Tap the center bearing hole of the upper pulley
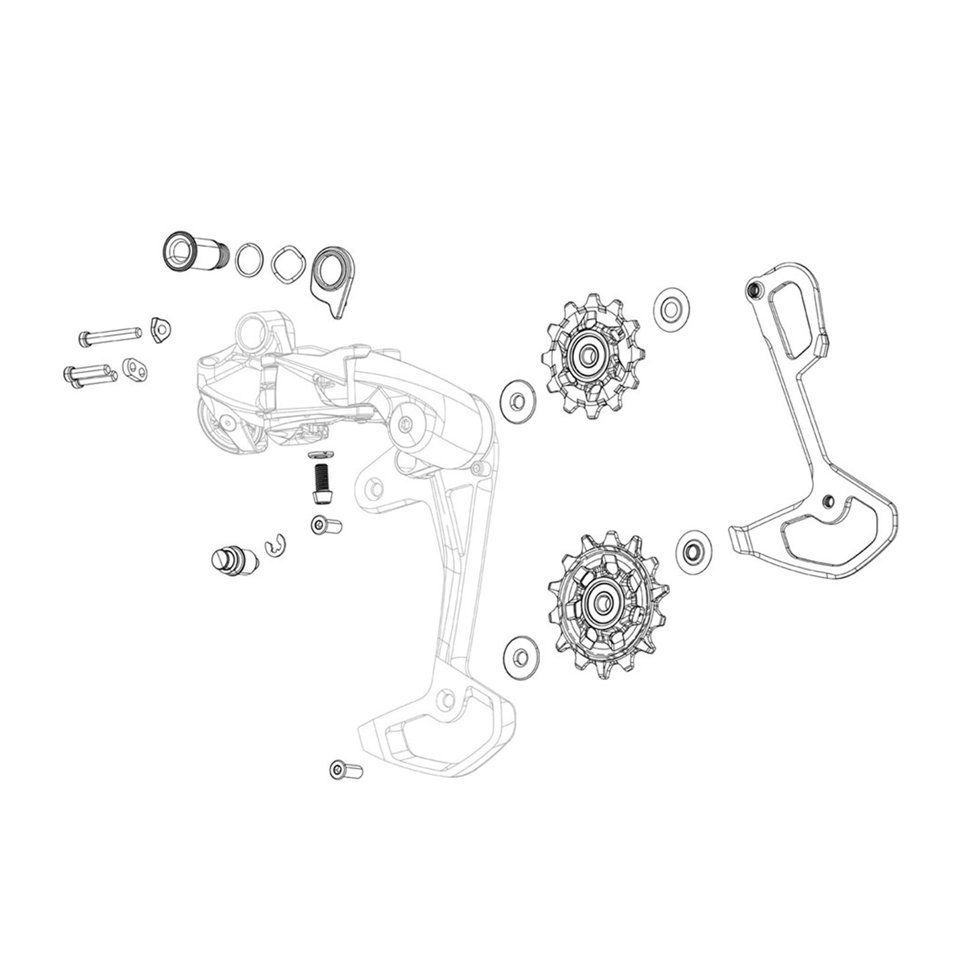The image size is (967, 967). pyautogui.click(x=589, y=355)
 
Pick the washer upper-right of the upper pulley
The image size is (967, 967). pyautogui.click(x=669, y=309)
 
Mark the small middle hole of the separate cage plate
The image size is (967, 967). pyautogui.click(x=828, y=499)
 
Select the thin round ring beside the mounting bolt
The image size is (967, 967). pyautogui.click(x=249, y=257)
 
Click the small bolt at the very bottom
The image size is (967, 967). pyautogui.click(x=345, y=770)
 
